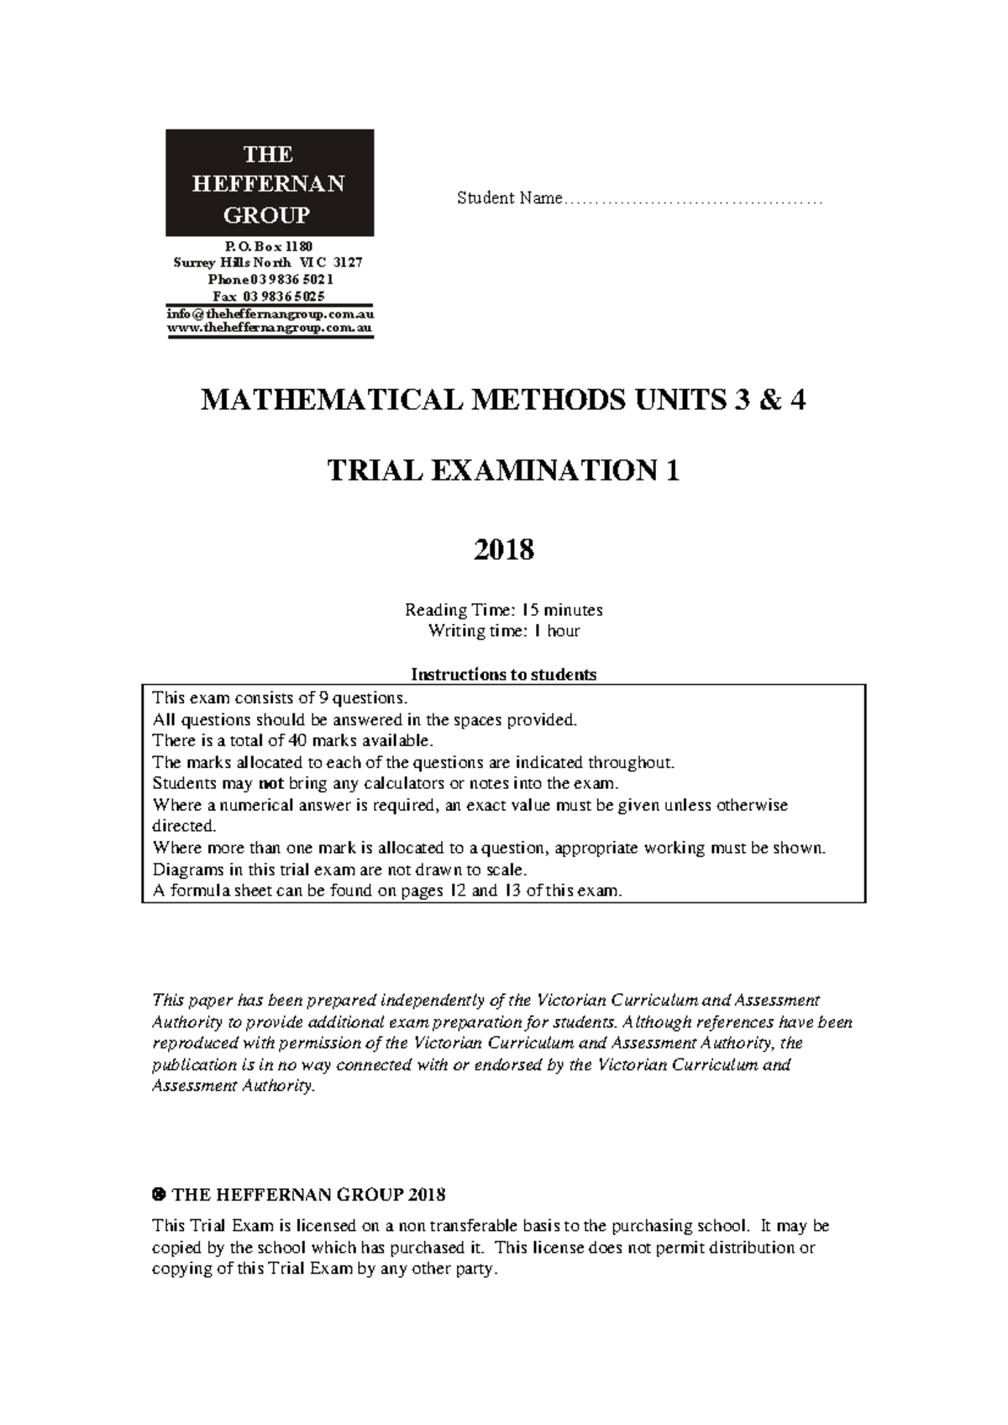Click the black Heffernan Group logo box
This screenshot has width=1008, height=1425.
pyautogui.click(x=269, y=183)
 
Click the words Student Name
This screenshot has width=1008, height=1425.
pyautogui.click(x=509, y=199)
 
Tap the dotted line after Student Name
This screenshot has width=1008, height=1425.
pyautogui.click(x=693, y=202)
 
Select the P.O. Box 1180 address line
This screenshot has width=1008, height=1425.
pyautogui.click(x=269, y=247)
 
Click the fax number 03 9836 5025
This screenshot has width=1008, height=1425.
pyautogui.click(x=283, y=297)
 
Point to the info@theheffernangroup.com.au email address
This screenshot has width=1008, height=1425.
pyautogui.click(x=270, y=314)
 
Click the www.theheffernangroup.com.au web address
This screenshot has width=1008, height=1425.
pyautogui.click(x=270, y=329)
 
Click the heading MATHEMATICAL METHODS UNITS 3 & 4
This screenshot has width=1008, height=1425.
pyautogui.click(x=503, y=401)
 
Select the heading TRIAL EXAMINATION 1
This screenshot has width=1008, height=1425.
pyautogui.click(x=503, y=472)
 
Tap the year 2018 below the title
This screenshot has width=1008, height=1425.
pyautogui.click(x=503, y=550)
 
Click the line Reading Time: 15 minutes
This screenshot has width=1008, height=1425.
pyautogui.click(x=503, y=610)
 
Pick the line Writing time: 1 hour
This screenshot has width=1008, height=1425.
pyautogui.click(x=503, y=631)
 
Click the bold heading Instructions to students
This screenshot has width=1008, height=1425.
pyautogui.click(x=503, y=675)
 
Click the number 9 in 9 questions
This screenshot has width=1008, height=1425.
pyautogui.click(x=309, y=698)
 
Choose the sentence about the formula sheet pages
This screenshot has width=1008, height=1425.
pyautogui.click(x=387, y=891)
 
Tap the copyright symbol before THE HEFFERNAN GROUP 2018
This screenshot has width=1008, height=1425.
pyautogui.click(x=157, y=1195)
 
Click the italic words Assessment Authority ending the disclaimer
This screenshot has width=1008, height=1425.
pyautogui.click(x=233, y=1086)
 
